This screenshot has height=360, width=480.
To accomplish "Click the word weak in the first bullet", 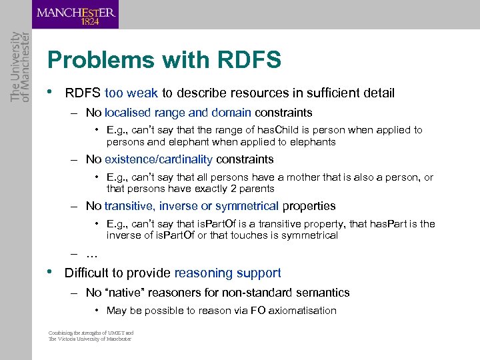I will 142,93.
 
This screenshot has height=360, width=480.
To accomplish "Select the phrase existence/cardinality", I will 158,159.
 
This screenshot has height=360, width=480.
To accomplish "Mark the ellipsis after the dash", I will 92,254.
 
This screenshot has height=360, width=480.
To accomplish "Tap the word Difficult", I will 89,273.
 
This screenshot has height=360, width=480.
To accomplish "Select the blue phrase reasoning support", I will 227,273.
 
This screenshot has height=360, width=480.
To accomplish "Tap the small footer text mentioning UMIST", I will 91,336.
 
